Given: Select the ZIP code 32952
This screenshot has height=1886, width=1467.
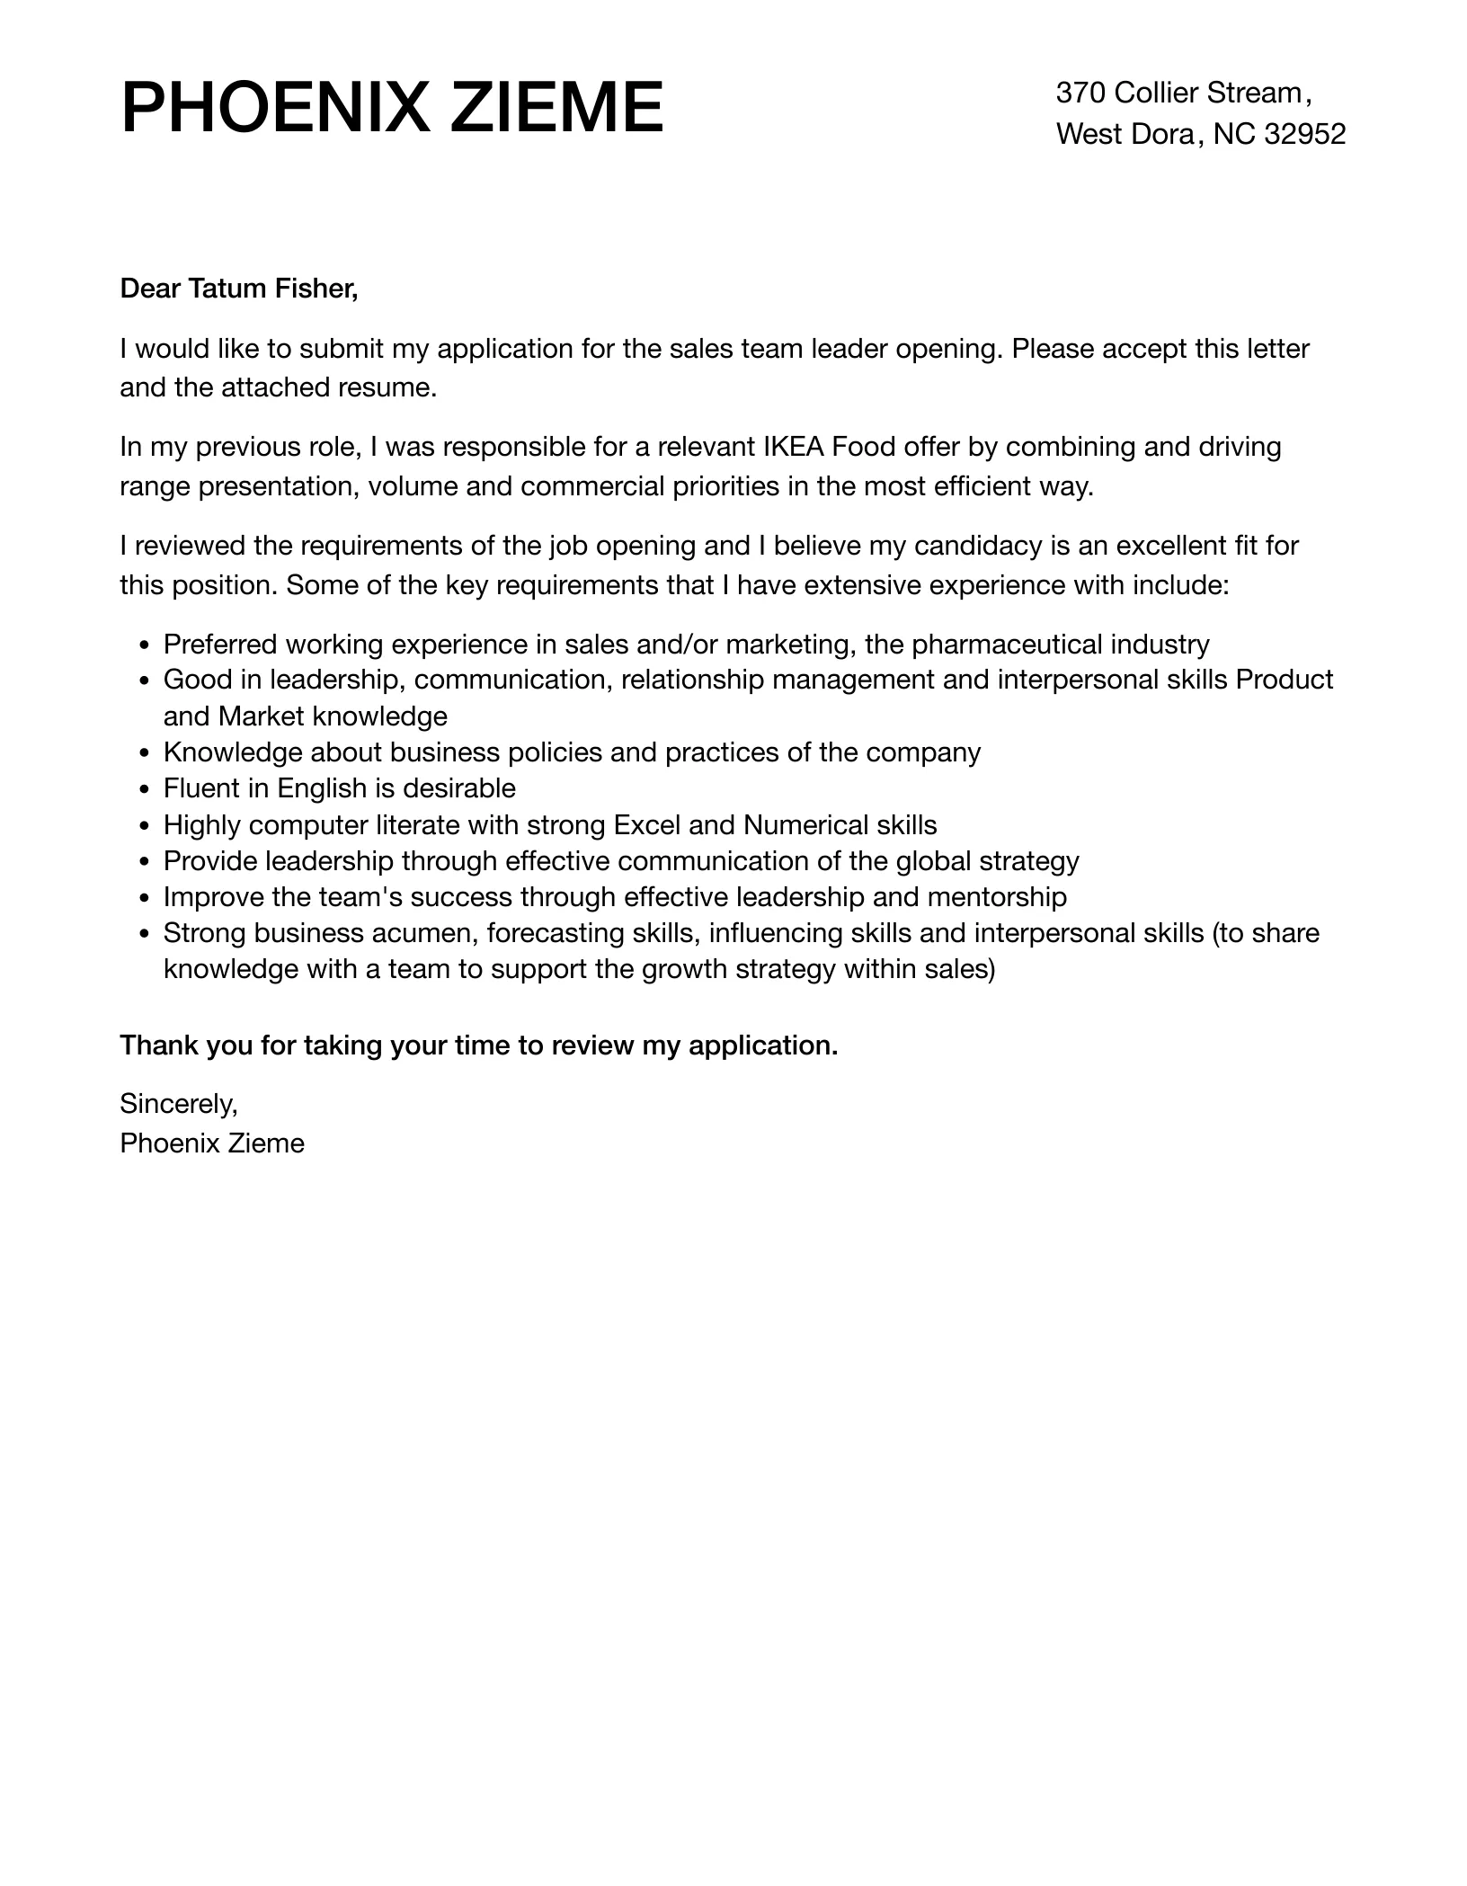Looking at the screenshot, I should (1304, 134).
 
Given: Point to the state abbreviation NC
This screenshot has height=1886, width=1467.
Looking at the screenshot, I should (1234, 134).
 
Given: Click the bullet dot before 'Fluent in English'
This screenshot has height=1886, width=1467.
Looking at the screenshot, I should (145, 790).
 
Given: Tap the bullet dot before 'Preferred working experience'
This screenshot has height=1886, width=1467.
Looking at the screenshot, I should (145, 646).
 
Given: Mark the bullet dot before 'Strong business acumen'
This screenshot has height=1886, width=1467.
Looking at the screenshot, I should (145, 934).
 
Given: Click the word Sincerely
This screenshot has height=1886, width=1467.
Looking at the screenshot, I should (178, 1103).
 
